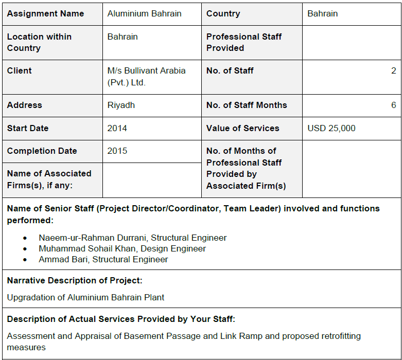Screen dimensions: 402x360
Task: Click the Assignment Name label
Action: click(x=45, y=13)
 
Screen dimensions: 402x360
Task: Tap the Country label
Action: click(x=223, y=13)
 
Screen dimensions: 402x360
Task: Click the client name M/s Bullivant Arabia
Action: click(x=146, y=71)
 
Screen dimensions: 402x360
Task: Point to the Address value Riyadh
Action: click(x=121, y=105)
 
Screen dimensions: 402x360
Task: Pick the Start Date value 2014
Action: click(x=117, y=128)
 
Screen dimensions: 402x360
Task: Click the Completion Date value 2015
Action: click(x=117, y=151)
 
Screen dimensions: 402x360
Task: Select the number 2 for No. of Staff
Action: click(x=394, y=71)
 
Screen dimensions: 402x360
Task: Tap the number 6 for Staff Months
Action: click(x=394, y=105)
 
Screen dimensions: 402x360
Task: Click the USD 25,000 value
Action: click(x=331, y=128)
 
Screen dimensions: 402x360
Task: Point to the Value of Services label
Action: click(x=242, y=128)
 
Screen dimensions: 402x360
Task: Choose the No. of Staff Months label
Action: click(x=247, y=105)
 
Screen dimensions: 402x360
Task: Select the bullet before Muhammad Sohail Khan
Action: click(x=25, y=249)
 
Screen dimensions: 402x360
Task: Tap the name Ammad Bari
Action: click(x=63, y=259)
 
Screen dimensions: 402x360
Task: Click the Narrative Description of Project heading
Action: click(x=75, y=281)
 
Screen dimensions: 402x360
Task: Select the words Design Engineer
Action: click(x=173, y=248)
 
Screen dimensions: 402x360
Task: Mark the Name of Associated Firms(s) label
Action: click(x=49, y=179)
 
